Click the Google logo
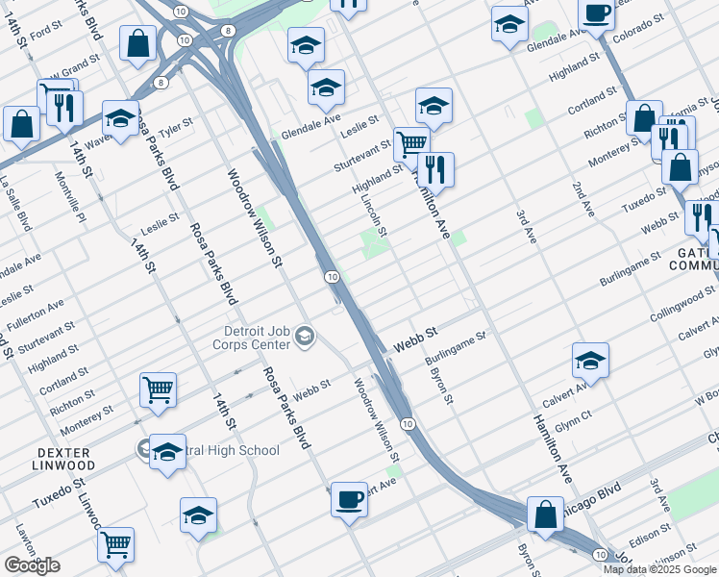coord(32,565)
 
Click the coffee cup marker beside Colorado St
coord(596,15)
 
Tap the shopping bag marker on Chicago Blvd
coord(545,513)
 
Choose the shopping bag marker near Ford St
coord(137,42)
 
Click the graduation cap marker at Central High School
coord(167,451)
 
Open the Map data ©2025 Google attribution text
coord(659,569)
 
